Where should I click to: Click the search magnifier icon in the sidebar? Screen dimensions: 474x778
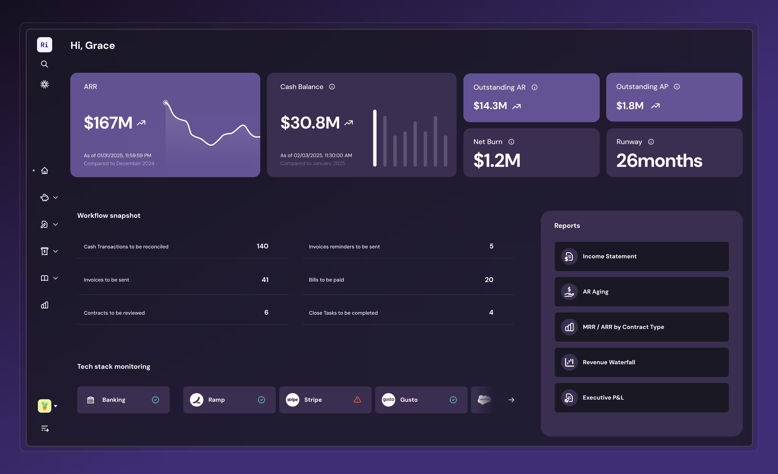tap(45, 64)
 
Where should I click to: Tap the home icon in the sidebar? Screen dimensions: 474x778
tap(45, 170)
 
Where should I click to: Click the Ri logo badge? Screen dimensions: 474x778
tap(45, 45)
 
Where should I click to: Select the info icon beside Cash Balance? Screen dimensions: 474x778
tap(332, 87)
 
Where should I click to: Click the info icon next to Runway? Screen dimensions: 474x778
tap(651, 142)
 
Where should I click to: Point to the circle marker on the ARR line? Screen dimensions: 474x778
tap(166, 103)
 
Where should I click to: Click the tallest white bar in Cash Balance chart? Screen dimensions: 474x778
tap(375, 138)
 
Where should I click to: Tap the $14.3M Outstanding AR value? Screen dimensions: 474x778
tap(490, 106)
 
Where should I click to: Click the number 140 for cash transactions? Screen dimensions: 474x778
tap(262, 246)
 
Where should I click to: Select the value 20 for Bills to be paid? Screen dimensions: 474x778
tap(489, 280)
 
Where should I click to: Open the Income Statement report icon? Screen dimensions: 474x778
tap(569, 257)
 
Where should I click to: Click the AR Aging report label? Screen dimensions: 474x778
tap(596, 292)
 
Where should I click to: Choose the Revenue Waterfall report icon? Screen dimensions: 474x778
tap(569, 362)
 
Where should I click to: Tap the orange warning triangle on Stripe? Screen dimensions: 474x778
tap(357, 400)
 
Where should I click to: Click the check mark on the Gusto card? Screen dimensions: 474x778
tap(453, 400)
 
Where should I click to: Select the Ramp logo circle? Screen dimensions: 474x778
tap(196, 400)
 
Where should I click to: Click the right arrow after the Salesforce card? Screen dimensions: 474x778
tap(511, 400)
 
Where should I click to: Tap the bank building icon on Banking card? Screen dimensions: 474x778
tap(91, 400)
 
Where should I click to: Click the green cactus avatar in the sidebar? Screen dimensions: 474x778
tap(45, 406)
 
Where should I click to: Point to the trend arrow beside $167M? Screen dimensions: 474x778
tap(141, 123)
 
